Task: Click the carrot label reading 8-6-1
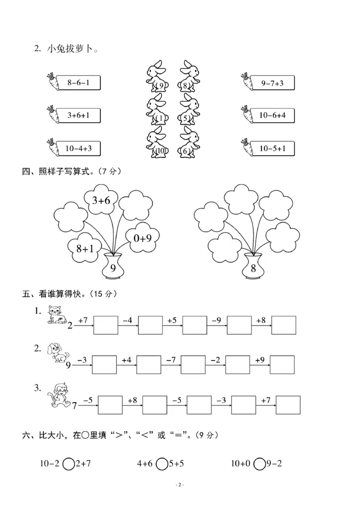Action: pyautogui.click(x=78, y=83)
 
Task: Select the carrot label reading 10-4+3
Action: pyautogui.click(x=78, y=148)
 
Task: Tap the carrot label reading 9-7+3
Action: pyautogui.click(x=272, y=83)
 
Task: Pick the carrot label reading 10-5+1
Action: pyautogui.click(x=272, y=148)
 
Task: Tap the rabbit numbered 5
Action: pyautogui.click(x=189, y=110)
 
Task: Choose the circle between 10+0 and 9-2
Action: pyautogui.click(x=259, y=463)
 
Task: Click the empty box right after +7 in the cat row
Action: pyautogui.click(x=105, y=325)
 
